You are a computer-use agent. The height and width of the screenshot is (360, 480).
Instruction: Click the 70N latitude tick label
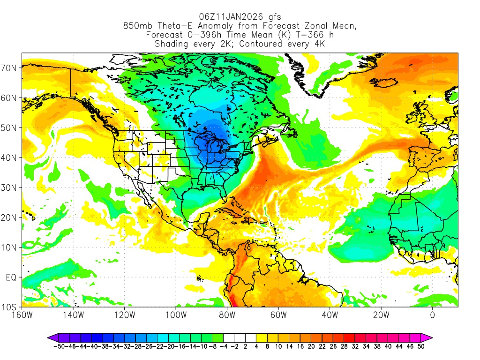click(x=10, y=68)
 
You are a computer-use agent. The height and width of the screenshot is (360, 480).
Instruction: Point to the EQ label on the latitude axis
click(x=11, y=277)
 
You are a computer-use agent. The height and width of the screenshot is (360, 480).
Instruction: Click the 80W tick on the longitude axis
click(x=227, y=315)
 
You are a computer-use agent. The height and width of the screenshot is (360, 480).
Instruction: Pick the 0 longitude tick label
click(x=432, y=315)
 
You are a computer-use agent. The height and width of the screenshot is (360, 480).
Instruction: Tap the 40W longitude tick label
click(x=330, y=315)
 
